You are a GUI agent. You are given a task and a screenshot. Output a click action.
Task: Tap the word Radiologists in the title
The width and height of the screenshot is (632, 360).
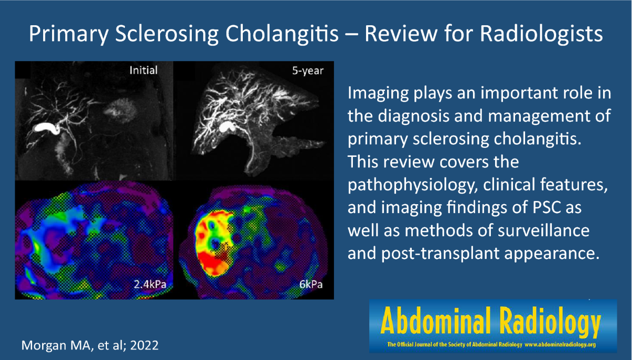click(541, 34)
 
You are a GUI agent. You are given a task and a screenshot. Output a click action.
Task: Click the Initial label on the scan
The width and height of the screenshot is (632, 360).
click(143, 70)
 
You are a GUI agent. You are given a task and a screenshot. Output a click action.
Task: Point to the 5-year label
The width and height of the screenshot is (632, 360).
click(308, 71)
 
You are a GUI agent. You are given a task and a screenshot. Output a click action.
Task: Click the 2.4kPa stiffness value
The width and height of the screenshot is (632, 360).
click(150, 284)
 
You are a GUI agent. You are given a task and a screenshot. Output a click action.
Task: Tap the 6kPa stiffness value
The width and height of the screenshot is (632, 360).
click(311, 284)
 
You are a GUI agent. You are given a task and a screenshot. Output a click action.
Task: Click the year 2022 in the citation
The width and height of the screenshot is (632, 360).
click(144, 345)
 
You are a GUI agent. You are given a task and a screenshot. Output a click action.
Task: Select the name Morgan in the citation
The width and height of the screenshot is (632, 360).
click(44, 346)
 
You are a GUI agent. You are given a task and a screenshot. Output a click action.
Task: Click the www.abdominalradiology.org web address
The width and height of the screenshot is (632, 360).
click(560, 345)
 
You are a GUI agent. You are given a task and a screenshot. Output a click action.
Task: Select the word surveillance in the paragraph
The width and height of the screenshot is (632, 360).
click(544, 231)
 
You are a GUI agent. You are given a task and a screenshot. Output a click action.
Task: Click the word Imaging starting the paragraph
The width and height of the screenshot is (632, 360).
click(378, 93)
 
